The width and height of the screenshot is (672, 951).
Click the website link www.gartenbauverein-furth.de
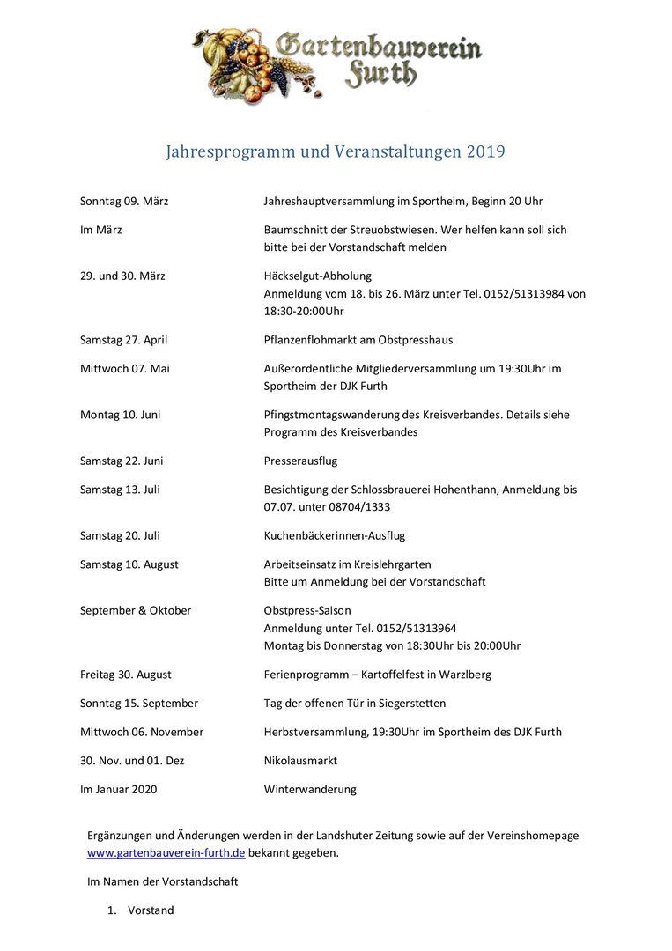tap(166, 852)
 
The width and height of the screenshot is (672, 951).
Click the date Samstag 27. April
tap(123, 340)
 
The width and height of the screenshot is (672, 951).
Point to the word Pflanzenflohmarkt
tap(314, 340)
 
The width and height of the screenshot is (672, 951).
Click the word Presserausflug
tap(300, 461)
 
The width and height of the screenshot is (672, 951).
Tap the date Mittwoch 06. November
tap(141, 732)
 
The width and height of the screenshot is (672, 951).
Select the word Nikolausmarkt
tap(300, 760)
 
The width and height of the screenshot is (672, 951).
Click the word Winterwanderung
tap(310, 789)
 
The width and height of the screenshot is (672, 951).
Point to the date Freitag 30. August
tap(125, 675)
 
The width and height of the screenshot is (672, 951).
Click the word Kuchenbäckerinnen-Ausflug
tap(334, 535)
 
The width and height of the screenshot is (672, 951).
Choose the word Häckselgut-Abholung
tap(317, 276)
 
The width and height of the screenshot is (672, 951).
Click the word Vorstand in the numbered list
tap(151, 910)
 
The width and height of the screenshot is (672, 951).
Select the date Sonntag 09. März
tap(124, 201)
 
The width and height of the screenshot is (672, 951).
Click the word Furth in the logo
tap(380, 75)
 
